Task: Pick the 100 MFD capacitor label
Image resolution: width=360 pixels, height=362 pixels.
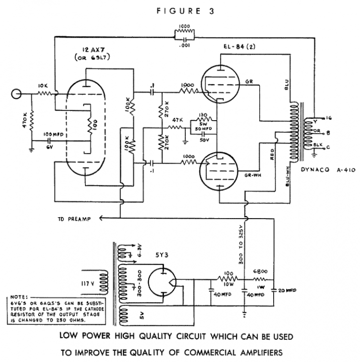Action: pos(53,133)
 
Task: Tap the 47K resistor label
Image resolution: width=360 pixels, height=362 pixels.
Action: pos(177,119)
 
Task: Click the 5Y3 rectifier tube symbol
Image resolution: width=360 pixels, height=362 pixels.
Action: pos(162,280)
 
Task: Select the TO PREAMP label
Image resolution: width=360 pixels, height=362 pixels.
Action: pos(75,219)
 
